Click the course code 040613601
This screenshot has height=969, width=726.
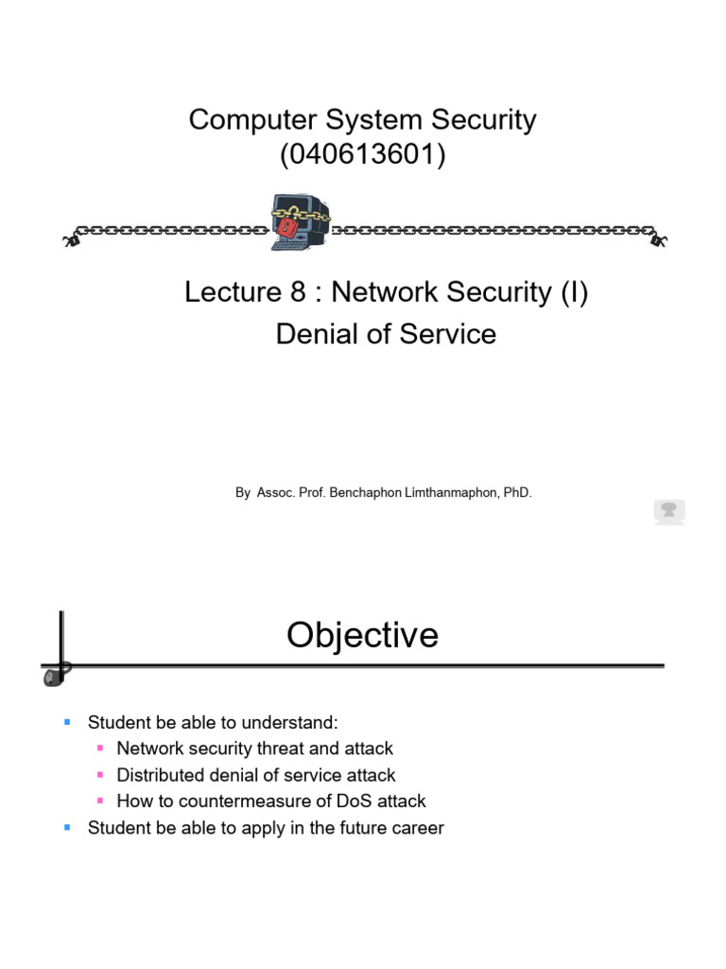(363, 153)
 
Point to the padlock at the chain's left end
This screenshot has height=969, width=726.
(70, 238)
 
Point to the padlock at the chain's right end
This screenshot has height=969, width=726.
(657, 238)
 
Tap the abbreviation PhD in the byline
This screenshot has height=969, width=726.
(518, 493)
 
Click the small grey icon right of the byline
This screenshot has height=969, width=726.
(669, 512)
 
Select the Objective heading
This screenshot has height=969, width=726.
(363, 635)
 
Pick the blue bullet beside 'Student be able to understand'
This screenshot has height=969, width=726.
(67, 722)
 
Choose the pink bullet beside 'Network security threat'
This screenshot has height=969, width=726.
(100, 749)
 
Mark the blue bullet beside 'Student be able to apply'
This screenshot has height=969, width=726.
(67, 828)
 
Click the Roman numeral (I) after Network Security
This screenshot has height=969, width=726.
(572, 293)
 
